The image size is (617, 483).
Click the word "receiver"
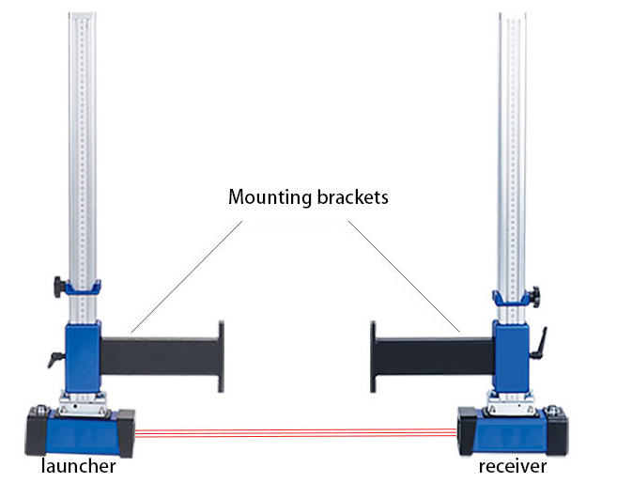click(x=512, y=467)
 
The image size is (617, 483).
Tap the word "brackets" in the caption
click(x=350, y=198)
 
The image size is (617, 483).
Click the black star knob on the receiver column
click(x=533, y=295)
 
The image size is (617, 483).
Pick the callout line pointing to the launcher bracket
click(x=188, y=277)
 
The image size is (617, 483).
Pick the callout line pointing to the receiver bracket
click(x=404, y=277)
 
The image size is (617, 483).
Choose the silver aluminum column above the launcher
click(x=83, y=141)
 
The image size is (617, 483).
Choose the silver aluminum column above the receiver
click(x=511, y=141)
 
